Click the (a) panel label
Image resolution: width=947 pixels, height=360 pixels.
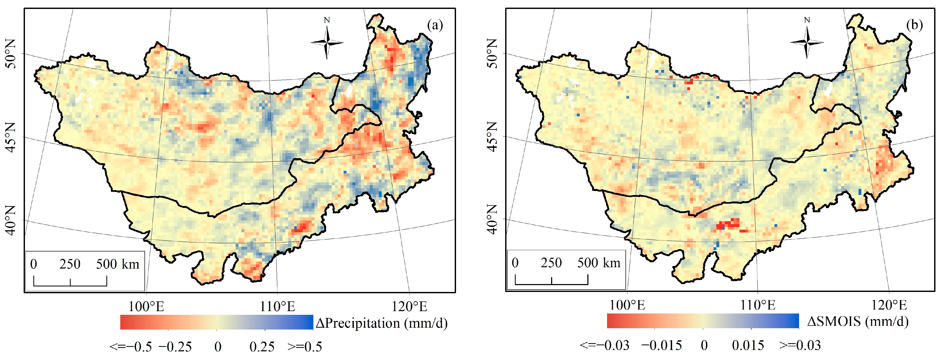pos(435,25)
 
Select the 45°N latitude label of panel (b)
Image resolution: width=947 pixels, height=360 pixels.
pos(493,137)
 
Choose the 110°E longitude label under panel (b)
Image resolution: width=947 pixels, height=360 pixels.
pos(758,305)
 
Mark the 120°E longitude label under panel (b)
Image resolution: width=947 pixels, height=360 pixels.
pos(889,305)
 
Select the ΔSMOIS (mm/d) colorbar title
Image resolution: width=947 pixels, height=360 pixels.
pos(858,322)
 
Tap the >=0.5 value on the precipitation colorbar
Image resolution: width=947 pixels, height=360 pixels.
pos(305,346)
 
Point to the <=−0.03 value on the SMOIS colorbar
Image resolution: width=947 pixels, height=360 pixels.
pos(605,345)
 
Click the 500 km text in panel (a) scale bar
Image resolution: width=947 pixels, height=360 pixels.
pos(118,264)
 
